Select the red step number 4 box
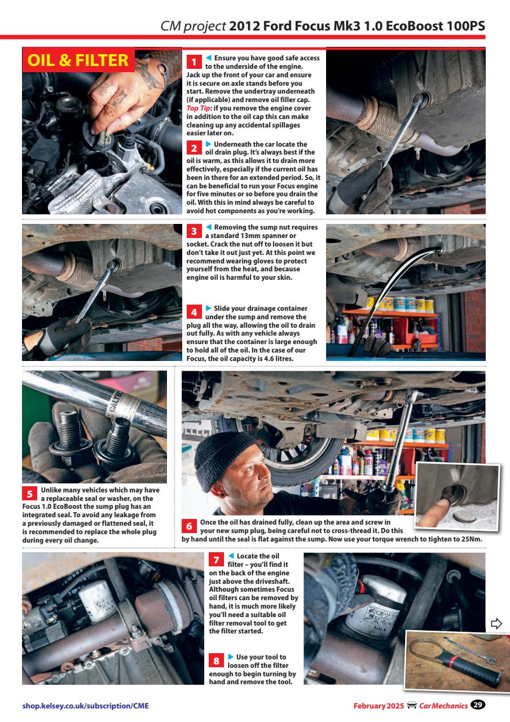(x=194, y=311)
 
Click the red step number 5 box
(x=29, y=493)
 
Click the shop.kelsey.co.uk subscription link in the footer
(x=86, y=706)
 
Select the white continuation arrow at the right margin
(x=496, y=623)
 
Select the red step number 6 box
(x=190, y=526)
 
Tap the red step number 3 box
(x=194, y=231)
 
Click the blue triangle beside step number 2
(x=208, y=144)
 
